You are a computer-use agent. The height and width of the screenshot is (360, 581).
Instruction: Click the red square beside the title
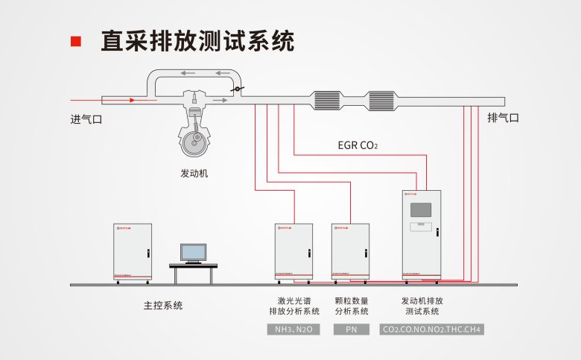tap(75, 41)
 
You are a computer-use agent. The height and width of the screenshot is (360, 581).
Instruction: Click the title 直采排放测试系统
tap(197, 41)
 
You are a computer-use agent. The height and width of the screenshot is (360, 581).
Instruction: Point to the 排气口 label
tap(503, 118)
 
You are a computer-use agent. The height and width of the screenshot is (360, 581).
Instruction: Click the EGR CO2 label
tap(358, 145)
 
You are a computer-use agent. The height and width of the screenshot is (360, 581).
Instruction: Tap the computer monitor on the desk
tap(194, 253)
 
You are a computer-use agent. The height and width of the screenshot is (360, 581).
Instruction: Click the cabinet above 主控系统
tap(133, 250)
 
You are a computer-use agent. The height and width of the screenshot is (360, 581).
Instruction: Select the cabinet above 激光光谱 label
tap(293, 250)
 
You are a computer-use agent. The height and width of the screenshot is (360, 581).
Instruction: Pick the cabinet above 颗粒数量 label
tap(350, 250)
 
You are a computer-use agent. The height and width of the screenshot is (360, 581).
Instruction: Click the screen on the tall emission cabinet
tap(421, 209)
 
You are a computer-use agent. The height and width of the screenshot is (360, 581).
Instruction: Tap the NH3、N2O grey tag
tap(293, 329)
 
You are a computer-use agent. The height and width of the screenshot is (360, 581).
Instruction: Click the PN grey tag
tap(350, 329)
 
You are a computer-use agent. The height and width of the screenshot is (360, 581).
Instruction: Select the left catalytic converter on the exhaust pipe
tap(327, 100)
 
